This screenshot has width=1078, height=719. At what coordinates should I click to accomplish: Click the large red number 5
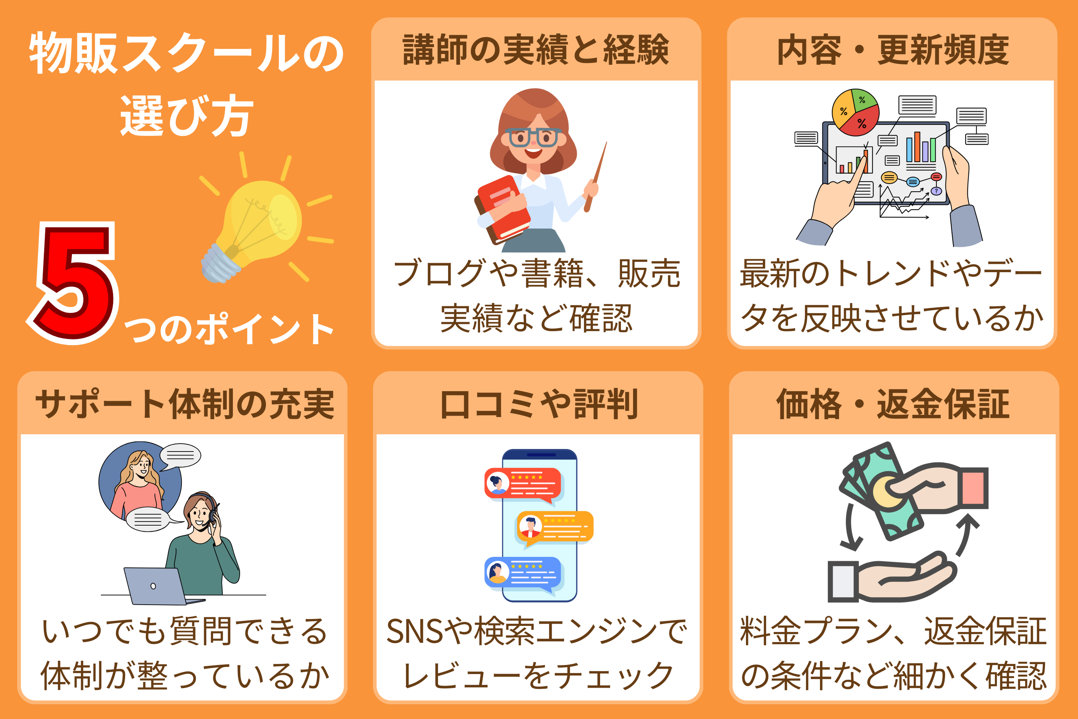pyautogui.click(x=73, y=282)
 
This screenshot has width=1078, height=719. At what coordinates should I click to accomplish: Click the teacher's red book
pyautogui.click(x=502, y=209)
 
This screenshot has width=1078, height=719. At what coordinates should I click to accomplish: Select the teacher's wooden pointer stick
pyautogui.click(x=595, y=177)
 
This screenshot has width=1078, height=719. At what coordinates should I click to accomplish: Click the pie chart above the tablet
pyautogui.click(x=855, y=112)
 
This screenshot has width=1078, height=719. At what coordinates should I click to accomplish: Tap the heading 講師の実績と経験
pyautogui.click(x=536, y=50)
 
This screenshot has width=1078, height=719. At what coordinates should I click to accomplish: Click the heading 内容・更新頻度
pyautogui.click(x=893, y=50)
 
